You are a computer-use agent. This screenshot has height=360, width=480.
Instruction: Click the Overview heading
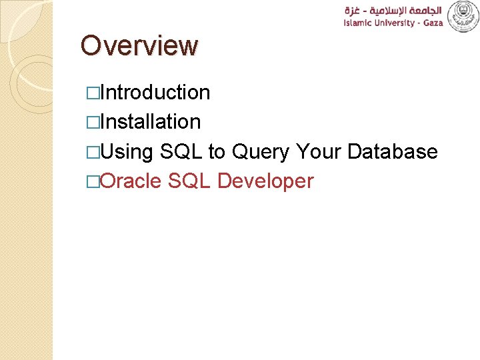click(139, 46)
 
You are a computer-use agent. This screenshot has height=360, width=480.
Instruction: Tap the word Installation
click(151, 121)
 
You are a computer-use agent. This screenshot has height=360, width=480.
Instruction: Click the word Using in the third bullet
click(127, 152)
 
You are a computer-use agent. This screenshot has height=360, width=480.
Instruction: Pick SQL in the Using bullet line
click(181, 151)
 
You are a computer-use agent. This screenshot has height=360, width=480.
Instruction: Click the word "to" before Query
click(217, 152)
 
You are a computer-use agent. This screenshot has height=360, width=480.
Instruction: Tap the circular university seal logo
click(463, 16)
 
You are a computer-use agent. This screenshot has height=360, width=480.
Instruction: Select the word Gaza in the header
click(428, 23)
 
